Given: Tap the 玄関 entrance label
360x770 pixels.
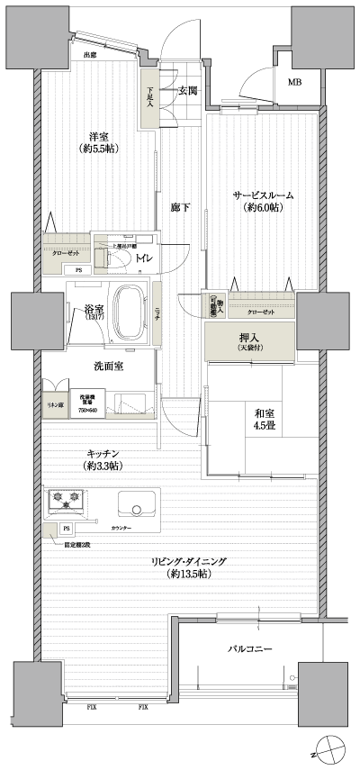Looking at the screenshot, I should pyautogui.click(x=187, y=90).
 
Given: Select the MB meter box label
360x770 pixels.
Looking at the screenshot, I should pyautogui.click(x=294, y=83).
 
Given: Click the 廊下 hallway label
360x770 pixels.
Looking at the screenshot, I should pyautogui.click(x=180, y=208).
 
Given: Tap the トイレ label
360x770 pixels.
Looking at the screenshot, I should pyautogui.click(x=143, y=259).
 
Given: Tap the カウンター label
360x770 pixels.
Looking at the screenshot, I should pyautogui.click(x=121, y=527).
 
